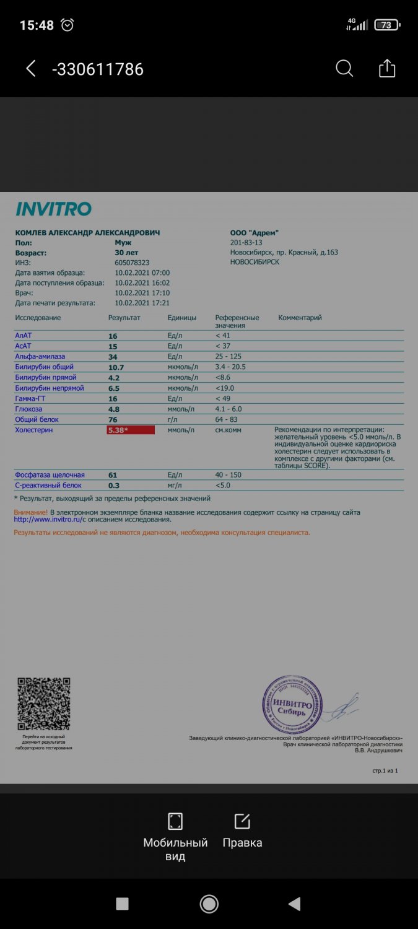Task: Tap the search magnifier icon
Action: click(x=344, y=68)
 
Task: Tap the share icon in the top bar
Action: click(x=387, y=68)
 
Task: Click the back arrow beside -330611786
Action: click(x=31, y=68)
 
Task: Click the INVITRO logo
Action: click(x=53, y=209)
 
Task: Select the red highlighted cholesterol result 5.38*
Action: click(x=130, y=430)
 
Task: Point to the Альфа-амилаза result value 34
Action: click(x=113, y=357)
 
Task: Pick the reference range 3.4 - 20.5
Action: click(x=230, y=367)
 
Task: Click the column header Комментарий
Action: click(x=300, y=318)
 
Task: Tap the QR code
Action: click(x=43, y=704)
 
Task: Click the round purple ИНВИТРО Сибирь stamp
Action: click(x=293, y=705)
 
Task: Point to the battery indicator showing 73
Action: click(x=387, y=25)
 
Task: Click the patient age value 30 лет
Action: click(x=126, y=253)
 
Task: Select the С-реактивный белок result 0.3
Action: click(x=114, y=486)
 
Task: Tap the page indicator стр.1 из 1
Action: click(x=385, y=771)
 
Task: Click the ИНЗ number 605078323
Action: click(x=132, y=263)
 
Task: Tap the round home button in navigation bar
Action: click(x=209, y=904)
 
